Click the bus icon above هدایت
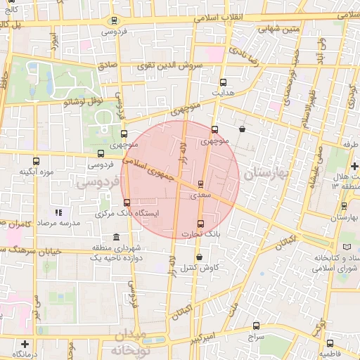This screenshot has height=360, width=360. [223, 82]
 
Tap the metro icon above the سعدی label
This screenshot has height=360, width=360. [202, 184]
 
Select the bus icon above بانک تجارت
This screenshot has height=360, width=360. [201, 224]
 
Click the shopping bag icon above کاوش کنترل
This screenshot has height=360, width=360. [200, 257]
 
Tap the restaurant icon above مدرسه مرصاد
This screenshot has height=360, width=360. [58, 212]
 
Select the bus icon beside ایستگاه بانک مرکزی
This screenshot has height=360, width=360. [127, 203]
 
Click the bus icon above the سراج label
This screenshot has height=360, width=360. [255, 326]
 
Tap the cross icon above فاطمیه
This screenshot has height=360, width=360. [330, 343]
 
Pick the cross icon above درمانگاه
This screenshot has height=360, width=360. [25, 345]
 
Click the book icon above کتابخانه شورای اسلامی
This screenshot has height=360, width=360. [347, 245]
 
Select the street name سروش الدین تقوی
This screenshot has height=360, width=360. [170, 65]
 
